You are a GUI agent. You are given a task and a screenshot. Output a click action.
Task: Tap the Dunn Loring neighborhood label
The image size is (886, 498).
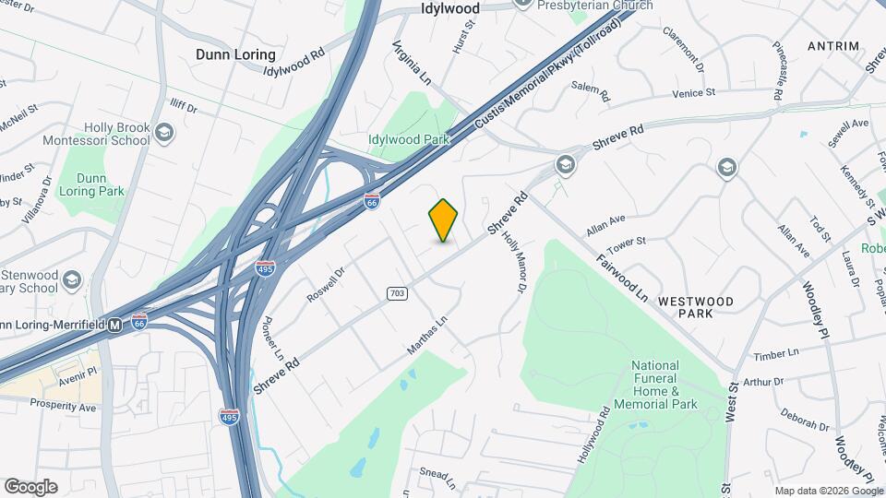coord(235,54)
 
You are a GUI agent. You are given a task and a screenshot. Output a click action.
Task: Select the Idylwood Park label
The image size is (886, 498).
coord(408,139)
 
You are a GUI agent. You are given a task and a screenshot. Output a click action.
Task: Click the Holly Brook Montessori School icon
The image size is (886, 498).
coord(164,131)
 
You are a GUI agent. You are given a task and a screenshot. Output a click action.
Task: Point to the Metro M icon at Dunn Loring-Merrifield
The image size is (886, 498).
coord(115,325)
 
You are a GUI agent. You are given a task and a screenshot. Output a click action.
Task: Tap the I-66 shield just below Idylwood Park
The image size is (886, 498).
coord(371,201)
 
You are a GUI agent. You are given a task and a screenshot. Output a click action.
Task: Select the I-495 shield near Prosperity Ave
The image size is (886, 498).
coord(230,417)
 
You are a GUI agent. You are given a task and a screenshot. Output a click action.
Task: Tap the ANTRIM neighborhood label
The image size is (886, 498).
coord(832,45)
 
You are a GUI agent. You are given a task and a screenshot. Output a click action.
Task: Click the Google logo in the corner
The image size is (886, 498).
coord(30,486)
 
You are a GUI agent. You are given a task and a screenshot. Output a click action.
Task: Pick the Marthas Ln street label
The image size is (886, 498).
coord(426,337)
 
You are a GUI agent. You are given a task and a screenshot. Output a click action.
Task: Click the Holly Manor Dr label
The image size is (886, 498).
coord(512,264)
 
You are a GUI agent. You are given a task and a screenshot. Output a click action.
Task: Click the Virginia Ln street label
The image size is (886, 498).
coord(412,62)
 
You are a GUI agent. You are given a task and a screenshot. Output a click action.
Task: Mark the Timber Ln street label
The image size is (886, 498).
coord(775,354)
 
